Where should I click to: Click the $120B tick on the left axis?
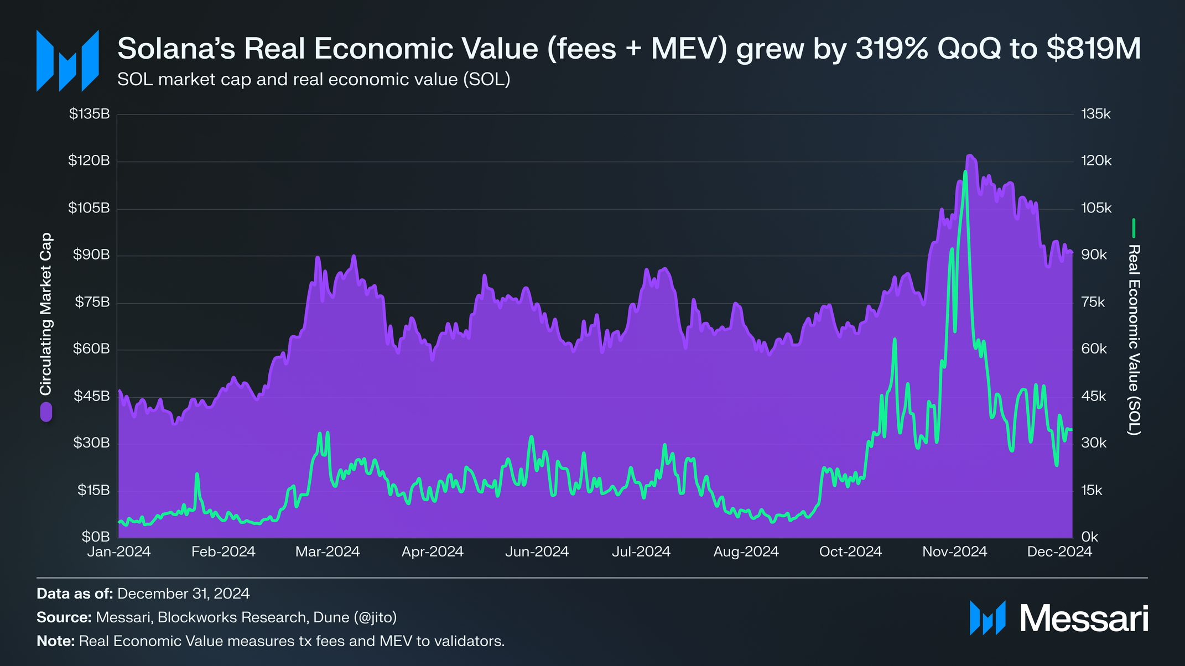(89, 161)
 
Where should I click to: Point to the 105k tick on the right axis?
(1096, 208)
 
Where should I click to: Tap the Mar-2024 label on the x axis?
(328, 551)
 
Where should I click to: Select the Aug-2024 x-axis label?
(746, 551)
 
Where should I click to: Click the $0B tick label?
(96, 537)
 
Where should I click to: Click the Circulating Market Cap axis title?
(46, 314)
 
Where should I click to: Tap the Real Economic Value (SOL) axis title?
(1134, 340)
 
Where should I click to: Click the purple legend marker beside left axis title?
(46, 412)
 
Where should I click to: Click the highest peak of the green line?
(965, 172)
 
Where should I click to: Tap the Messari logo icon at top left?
(67, 60)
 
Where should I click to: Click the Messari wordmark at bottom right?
(1084, 618)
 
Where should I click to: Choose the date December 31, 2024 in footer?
(183, 594)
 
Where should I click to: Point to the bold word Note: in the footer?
(55, 641)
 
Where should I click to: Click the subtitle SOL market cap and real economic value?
(313, 80)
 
